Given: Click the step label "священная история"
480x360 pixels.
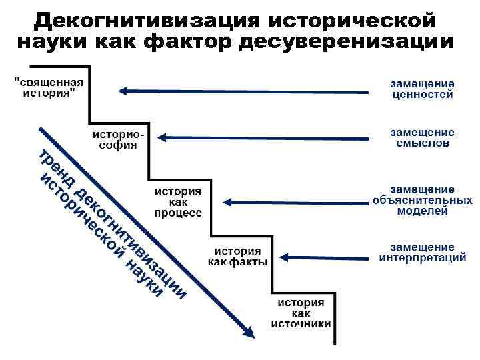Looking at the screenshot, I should (x=49, y=88).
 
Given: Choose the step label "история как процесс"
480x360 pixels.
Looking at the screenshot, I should (x=178, y=202).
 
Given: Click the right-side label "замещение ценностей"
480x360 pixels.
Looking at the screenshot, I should (x=422, y=89).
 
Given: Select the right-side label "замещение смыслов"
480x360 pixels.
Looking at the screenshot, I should (x=422, y=137).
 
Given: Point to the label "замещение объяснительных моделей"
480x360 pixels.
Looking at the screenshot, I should (x=422, y=200).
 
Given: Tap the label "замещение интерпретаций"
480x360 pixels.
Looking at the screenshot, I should (x=422, y=253).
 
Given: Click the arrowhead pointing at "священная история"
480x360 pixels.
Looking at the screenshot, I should (x=121, y=91).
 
